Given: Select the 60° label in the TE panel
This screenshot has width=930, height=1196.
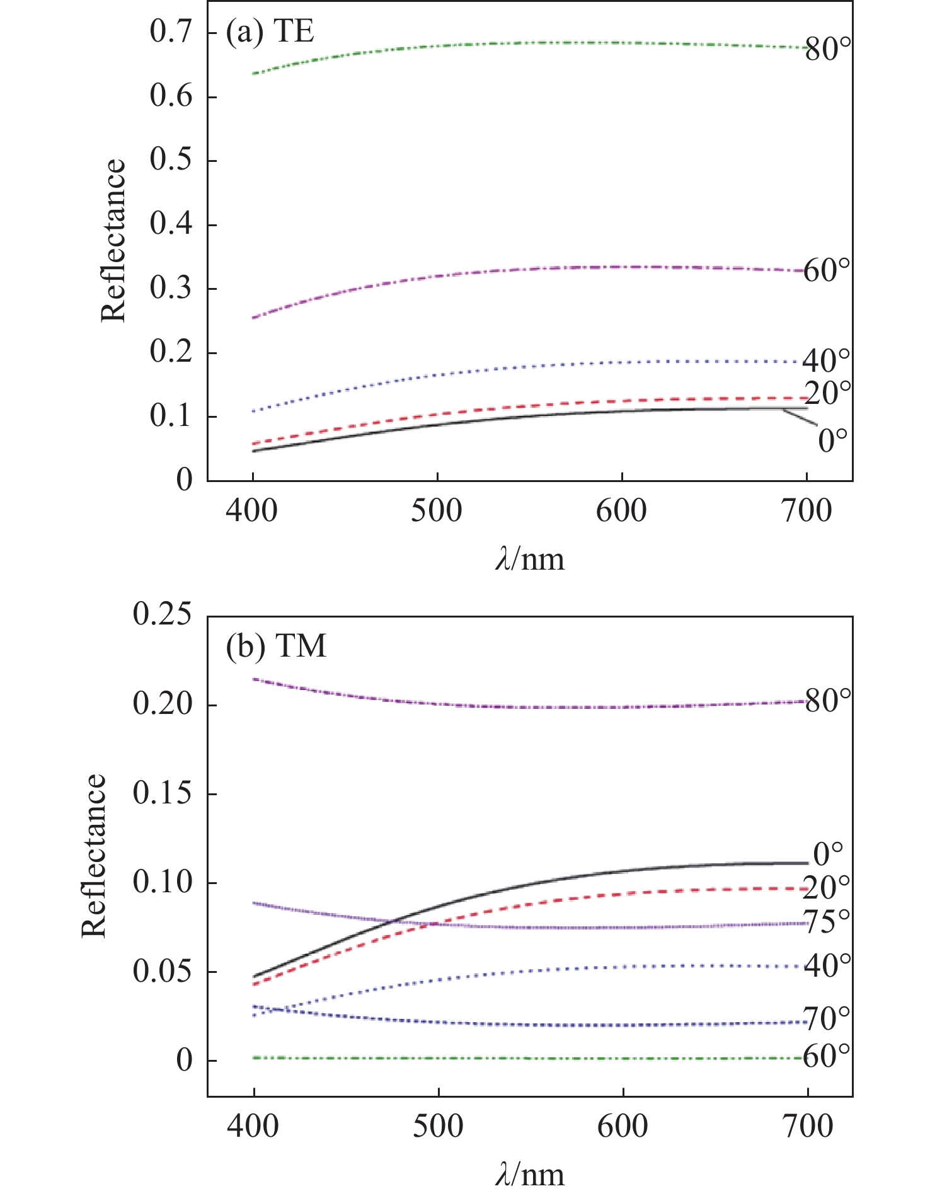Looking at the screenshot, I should [x=827, y=271].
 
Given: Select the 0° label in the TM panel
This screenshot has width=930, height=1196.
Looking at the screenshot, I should [x=829, y=854].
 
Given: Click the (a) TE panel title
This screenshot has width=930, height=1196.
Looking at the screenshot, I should [x=270, y=32].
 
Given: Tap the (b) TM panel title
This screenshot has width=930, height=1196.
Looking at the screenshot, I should [x=276, y=647].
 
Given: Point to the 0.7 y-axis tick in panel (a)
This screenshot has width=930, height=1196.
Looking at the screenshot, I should [x=171, y=33].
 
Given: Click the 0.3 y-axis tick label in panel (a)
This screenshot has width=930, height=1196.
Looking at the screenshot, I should [x=171, y=289].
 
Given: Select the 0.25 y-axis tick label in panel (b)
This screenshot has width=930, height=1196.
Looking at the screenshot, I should [x=162, y=614].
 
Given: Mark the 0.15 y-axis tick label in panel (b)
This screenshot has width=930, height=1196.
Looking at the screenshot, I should [x=162, y=793].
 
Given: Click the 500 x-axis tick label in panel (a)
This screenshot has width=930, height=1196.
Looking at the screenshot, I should [x=437, y=511].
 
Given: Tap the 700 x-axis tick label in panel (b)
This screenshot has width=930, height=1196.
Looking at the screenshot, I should [x=808, y=1127].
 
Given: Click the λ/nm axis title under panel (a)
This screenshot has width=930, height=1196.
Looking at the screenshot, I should [x=530, y=560].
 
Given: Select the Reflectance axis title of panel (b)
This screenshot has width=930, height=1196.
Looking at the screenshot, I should [x=94, y=855].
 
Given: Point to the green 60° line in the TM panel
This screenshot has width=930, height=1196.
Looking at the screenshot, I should [x=529, y=1058].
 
